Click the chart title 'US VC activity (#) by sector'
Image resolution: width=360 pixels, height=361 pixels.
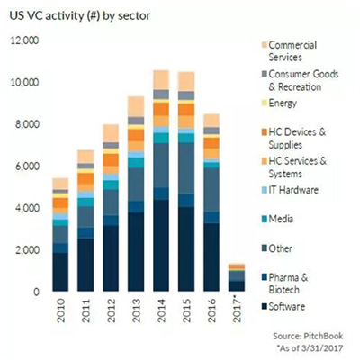80,15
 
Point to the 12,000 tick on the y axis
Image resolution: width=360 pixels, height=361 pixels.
25,41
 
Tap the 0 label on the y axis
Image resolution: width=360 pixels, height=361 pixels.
36,292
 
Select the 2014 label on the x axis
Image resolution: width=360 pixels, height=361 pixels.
162,311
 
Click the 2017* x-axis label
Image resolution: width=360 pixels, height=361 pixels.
237,311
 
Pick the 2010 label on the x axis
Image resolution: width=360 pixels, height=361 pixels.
61,311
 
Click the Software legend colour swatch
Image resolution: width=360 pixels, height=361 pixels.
264,307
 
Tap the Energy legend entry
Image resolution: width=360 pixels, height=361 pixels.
279,103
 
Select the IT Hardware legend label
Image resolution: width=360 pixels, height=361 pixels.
293,190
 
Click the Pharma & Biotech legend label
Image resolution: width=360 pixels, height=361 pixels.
288,284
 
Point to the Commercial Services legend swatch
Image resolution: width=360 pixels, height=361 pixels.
264,45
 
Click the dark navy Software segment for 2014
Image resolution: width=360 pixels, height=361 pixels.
161,246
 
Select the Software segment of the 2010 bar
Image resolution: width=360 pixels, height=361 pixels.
60,272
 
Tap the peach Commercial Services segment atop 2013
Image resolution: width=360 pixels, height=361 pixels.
136,106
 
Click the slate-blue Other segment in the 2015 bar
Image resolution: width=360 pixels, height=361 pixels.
186,168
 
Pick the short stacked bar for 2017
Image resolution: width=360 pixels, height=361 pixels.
237,277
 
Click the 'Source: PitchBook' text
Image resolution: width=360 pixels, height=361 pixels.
308,336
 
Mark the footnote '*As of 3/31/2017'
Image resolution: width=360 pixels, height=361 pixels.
310,348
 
